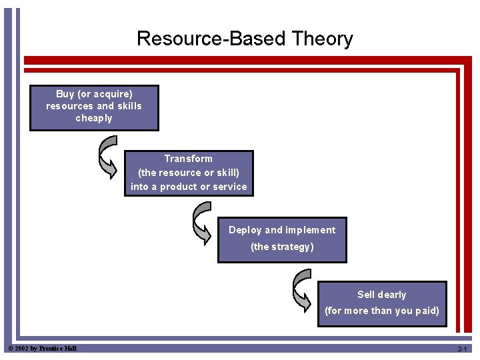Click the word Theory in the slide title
pyautogui.click(x=322, y=39)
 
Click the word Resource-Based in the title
pyautogui.click(x=211, y=39)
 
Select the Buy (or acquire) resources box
pyautogui.click(x=94, y=107)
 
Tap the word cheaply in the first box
pyautogui.click(x=94, y=118)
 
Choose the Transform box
pyautogui.click(x=189, y=173)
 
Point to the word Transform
pyautogui.click(x=189, y=159)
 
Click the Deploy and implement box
pyautogui.click(x=282, y=239)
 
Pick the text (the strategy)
pyautogui.click(x=282, y=247)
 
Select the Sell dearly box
pyautogui.click(x=381, y=303)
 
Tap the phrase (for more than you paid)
pyautogui.click(x=381, y=311)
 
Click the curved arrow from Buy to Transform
pyautogui.click(x=107, y=157)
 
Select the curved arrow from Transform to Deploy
pyautogui.click(x=201, y=223)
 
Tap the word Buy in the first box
pyautogui.click(x=65, y=94)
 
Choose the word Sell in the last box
pyautogui.click(x=367, y=295)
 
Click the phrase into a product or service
pyautogui.click(x=189, y=187)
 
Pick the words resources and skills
pyautogui.click(x=94, y=106)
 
